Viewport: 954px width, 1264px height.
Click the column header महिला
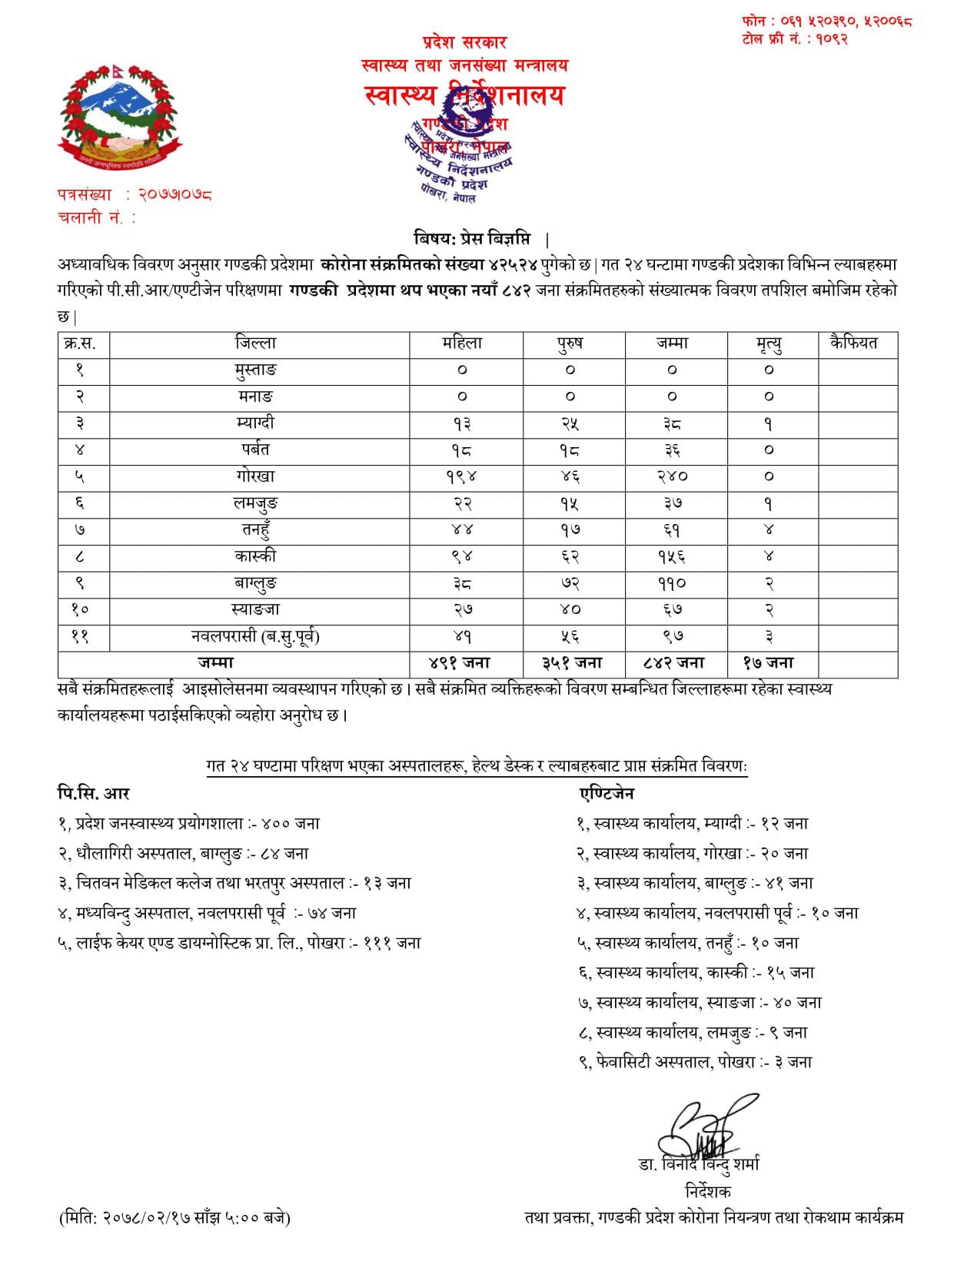click(462, 343)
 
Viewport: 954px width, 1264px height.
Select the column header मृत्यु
click(769, 344)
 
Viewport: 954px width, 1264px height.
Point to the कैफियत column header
click(853, 343)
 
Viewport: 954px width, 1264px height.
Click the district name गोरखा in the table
click(255, 476)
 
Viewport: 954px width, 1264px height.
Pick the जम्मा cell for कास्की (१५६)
click(672, 557)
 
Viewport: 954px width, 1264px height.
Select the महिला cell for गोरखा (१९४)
click(462, 476)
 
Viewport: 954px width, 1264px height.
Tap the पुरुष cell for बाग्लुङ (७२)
click(570, 583)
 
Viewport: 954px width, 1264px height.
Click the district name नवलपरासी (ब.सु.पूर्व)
click(255, 636)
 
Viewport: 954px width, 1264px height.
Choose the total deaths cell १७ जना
click(769, 663)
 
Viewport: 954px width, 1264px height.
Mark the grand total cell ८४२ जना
click(673, 663)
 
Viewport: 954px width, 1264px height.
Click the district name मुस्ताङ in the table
click(255, 370)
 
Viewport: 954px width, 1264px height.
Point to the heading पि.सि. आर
click(93, 794)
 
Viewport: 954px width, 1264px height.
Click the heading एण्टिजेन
click(607, 794)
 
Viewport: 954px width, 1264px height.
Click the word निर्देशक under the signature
click(707, 1192)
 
